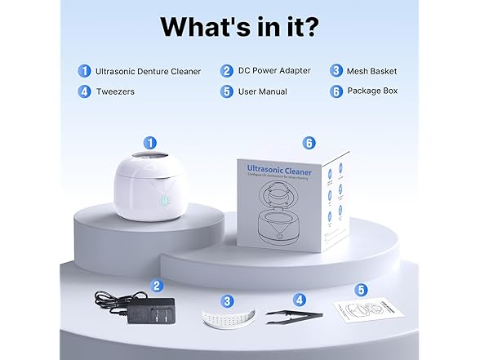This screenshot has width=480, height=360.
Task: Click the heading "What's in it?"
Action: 239,25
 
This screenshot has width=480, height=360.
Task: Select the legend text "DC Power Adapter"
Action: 275,70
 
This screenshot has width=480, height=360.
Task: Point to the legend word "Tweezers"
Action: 115,91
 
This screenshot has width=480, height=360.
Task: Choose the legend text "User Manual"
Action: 262,91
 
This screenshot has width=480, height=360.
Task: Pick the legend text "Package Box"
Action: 371,91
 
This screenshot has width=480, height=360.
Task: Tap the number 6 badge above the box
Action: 309,142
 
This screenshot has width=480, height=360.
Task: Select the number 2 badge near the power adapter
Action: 156,286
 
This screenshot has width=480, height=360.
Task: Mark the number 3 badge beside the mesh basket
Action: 228,300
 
